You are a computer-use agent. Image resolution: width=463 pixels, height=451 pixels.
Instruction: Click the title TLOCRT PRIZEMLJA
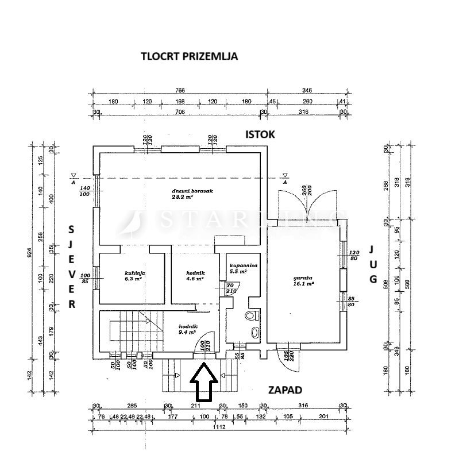pos(189,56)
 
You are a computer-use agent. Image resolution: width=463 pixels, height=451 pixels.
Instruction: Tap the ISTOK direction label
pos(260,134)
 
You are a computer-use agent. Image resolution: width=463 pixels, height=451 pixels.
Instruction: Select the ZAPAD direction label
pos(285,390)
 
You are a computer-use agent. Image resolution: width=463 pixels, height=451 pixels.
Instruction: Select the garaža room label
pos(303,276)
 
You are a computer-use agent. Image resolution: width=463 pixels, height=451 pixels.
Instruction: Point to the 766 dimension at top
pos(180,90)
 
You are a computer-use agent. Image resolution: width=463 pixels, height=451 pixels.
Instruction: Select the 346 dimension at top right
pos(307,90)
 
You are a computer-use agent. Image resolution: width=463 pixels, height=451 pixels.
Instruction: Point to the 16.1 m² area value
pos(303,283)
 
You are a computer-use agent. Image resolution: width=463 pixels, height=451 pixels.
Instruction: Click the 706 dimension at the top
pos(180,111)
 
